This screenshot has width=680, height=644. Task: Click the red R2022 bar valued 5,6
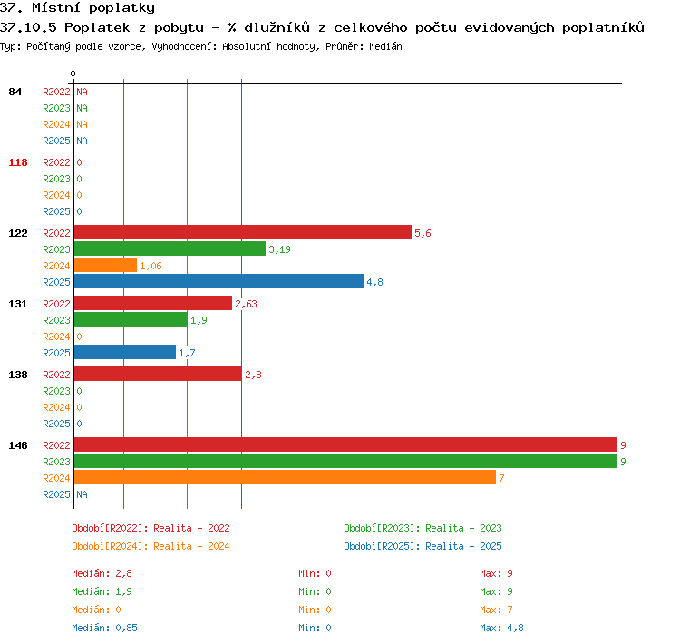tap(243, 232)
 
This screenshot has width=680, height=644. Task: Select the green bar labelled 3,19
tap(170, 249)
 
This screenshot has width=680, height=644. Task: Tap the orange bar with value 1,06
tap(105, 265)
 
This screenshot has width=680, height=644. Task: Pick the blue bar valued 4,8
tap(219, 282)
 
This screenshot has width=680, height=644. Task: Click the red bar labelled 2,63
tap(153, 303)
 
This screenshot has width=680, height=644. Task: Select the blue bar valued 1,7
tap(125, 352)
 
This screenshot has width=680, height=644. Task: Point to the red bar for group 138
tap(158, 374)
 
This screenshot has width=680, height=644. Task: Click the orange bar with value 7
tap(285, 477)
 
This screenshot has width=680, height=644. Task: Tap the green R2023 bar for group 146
tap(345, 461)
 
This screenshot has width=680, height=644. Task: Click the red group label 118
tap(18, 162)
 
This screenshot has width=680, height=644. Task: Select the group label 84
tap(15, 92)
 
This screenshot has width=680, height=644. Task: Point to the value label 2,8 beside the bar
tap(253, 375)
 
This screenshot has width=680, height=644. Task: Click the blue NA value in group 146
tap(82, 494)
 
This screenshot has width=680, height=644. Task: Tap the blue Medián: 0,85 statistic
tap(104, 628)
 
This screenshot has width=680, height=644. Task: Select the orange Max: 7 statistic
tap(496, 610)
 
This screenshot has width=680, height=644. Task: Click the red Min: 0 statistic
tap(315, 573)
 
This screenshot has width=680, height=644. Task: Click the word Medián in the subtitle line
tap(385, 46)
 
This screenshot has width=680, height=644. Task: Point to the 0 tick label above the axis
tap(73, 73)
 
